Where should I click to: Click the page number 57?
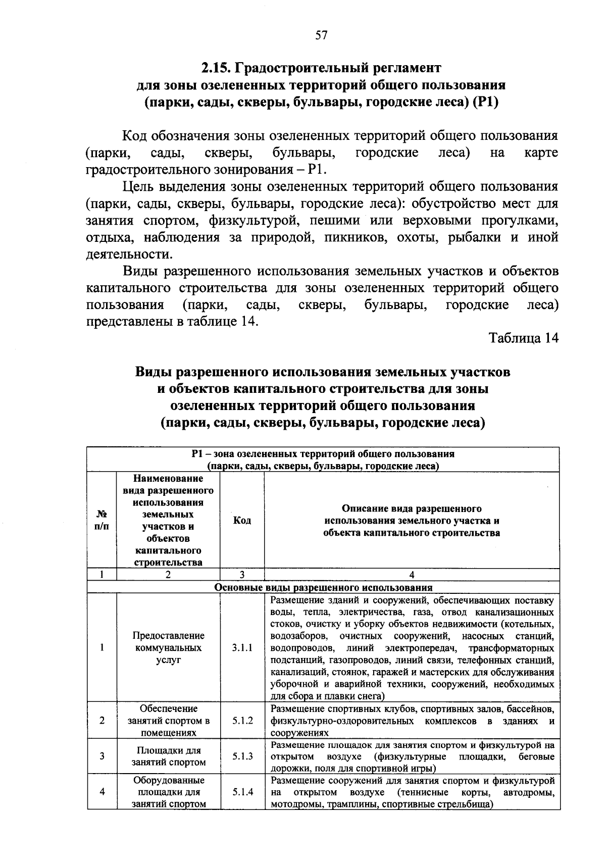click(x=321, y=35)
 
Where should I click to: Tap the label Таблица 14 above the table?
click(x=523, y=338)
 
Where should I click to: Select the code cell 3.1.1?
click(x=242, y=648)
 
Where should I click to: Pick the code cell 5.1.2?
click(x=242, y=721)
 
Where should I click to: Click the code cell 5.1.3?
click(x=242, y=756)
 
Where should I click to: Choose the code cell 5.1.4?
click(x=242, y=792)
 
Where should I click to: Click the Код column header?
click(x=242, y=520)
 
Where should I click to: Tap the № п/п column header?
click(x=102, y=520)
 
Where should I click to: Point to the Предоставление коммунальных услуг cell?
click(x=169, y=648)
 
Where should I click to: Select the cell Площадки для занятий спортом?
click(x=169, y=756)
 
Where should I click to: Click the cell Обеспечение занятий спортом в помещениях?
click(x=169, y=721)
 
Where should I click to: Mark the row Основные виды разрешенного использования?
click(x=323, y=588)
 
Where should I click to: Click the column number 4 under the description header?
click(x=412, y=575)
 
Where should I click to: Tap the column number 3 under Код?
click(x=242, y=575)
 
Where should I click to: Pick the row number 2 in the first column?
click(x=102, y=721)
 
